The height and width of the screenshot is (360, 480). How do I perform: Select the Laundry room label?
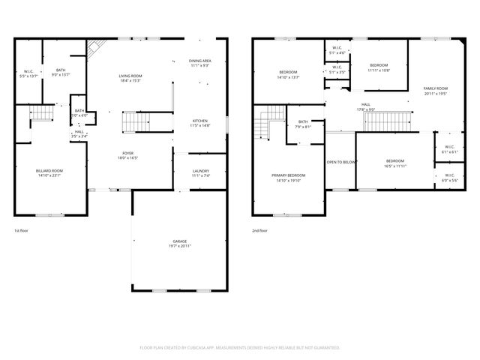click(200, 172)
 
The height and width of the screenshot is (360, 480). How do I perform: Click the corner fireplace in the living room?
click(93, 50)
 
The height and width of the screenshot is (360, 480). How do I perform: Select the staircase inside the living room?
click(136, 120)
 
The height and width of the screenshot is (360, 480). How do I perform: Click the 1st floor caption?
click(22, 231)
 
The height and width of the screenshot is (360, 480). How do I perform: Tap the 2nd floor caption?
click(259, 231)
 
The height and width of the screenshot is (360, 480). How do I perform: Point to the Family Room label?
click(435, 91)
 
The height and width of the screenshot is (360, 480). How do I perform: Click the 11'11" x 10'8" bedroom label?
click(379, 67)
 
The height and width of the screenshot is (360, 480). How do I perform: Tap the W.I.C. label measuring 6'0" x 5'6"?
click(448, 178)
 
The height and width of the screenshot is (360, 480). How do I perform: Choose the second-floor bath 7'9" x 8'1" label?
click(303, 124)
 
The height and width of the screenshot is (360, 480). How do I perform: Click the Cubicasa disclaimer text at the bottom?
click(240, 347)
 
